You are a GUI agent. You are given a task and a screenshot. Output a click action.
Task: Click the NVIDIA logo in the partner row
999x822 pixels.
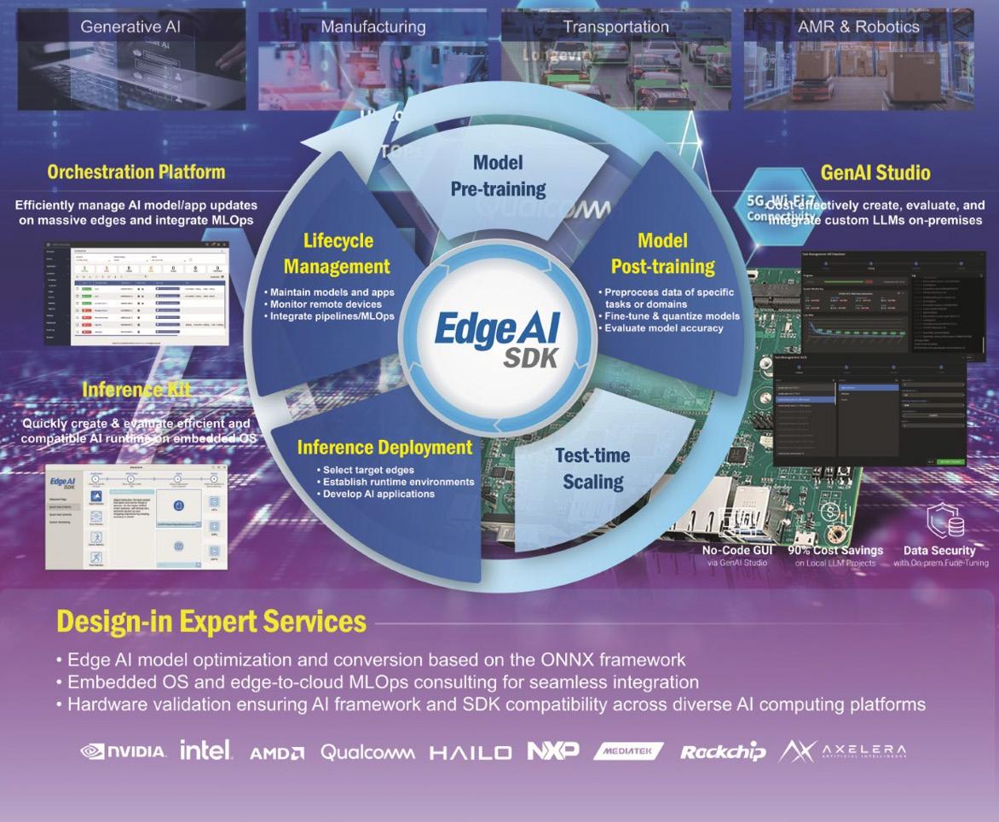point(123,751)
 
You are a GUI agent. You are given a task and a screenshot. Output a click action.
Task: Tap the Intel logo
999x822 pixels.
point(205,750)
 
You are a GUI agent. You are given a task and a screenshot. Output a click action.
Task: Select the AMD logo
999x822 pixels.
point(277,752)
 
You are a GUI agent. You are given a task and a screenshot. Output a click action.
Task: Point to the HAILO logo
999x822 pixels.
point(471,752)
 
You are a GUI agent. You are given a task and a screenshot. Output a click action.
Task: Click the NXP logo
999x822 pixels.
point(553,750)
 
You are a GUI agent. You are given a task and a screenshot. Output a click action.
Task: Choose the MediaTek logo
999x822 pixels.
point(628,751)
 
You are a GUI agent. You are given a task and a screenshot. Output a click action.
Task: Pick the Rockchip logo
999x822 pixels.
point(723,751)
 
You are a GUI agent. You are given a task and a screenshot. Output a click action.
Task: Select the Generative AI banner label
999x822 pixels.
point(130,26)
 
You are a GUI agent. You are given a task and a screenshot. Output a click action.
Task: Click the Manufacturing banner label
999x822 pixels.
point(373,26)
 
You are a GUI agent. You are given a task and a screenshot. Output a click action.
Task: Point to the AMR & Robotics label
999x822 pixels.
point(858,26)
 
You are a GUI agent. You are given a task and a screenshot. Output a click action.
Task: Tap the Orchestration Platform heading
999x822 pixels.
point(136,172)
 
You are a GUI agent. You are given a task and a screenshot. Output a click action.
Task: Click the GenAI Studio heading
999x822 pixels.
point(875,173)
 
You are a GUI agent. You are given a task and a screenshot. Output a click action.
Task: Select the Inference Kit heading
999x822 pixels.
point(136,391)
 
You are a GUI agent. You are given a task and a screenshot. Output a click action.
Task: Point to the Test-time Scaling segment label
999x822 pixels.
point(593,468)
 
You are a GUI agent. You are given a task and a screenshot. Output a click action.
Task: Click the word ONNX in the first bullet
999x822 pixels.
point(563,661)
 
